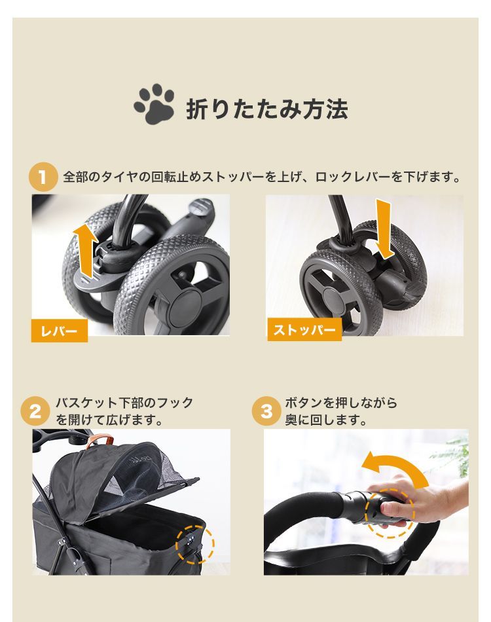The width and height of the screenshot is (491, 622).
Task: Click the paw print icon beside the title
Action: (x=155, y=105)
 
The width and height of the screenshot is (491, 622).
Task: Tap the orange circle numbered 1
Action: (x=43, y=177)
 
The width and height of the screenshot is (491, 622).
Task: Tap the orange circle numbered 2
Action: (x=35, y=412)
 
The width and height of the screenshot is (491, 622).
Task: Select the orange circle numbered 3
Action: (x=266, y=412)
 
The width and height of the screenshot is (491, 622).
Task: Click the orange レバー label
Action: (x=59, y=331)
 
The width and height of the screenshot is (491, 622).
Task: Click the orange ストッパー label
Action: (x=304, y=330)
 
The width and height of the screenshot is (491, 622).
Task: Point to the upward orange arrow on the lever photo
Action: (x=84, y=248)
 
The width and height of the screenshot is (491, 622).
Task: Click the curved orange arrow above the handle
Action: (x=391, y=468)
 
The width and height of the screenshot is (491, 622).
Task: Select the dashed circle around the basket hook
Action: (x=195, y=544)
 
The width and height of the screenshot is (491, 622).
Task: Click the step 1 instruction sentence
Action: (x=262, y=177)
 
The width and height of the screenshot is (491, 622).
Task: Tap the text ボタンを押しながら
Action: (x=340, y=403)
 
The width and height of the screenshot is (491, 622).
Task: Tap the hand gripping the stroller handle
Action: (x=429, y=504)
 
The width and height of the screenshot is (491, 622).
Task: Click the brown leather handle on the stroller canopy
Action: (x=92, y=441)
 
